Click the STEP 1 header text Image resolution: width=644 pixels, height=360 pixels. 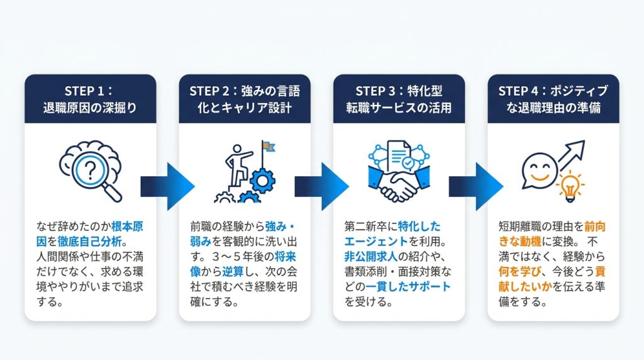coord(90,99)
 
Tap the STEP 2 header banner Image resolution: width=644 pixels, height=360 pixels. coord(245,99)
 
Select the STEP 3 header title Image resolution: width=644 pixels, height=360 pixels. coord(399,99)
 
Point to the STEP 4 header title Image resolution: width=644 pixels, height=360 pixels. coord(553,99)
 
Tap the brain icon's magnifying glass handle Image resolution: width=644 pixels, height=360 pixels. coord(112,193)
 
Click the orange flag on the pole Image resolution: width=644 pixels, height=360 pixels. coord(269,147)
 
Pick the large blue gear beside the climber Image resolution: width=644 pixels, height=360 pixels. coord(263,181)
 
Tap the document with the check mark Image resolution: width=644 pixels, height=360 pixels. coord(400,157)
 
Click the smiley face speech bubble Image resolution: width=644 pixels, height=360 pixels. coord(538,171)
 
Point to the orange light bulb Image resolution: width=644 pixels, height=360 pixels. coord(570,187)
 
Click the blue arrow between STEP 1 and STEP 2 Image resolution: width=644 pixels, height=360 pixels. coord(167,186)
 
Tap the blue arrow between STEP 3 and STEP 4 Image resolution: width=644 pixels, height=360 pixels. coord(476,186)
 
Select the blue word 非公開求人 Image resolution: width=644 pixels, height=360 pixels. coord(370,257)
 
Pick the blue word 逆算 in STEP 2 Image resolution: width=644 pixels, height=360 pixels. coord(233,272)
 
